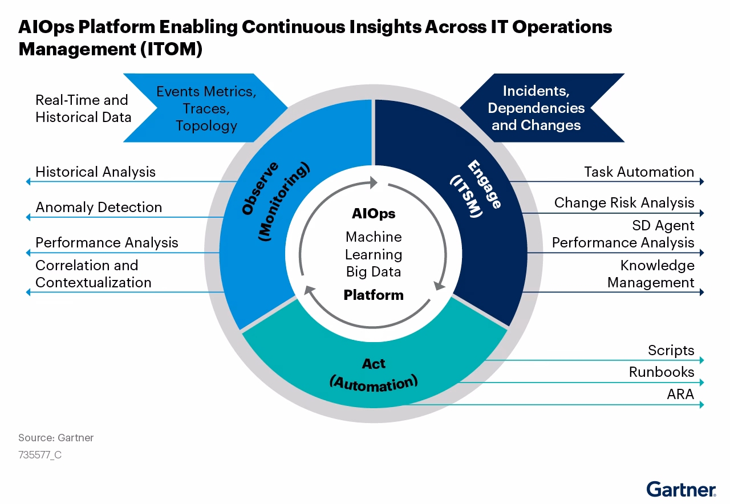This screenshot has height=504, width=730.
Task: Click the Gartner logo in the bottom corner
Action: pyautogui.click(x=681, y=489)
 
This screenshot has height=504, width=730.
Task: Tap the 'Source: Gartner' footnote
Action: pyautogui.click(x=56, y=438)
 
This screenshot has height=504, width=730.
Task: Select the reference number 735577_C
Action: pyautogui.click(x=40, y=455)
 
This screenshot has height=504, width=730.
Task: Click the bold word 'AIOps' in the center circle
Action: pyautogui.click(x=374, y=214)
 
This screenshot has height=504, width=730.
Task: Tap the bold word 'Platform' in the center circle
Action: pyautogui.click(x=374, y=295)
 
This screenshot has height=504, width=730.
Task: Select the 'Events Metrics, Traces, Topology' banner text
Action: pyautogui.click(x=206, y=108)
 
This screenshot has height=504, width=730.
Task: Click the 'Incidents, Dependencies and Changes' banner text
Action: pyautogui.click(x=536, y=108)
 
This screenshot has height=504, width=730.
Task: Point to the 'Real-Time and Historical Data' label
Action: pyautogui.click(x=83, y=108)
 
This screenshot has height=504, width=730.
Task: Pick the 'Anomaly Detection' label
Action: pyautogui.click(x=99, y=207)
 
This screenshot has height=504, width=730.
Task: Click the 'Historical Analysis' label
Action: pyautogui.click(x=95, y=172)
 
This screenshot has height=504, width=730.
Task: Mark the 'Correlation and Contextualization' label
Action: pyautogui.click(x=94, y=274)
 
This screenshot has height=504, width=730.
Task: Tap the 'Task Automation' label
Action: pyautogui.click(x=639, y=172)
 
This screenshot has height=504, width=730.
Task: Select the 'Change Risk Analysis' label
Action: pyautogui.click(x=624, y=202)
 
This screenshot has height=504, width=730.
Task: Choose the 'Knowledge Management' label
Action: pyautogui.click(x=651, y=274)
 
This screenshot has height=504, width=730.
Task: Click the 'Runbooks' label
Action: pyautogui.click(x=662, y=372)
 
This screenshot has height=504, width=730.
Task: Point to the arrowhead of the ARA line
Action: pyautogui.click(x=702, y=405)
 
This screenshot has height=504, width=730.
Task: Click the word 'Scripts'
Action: pyautogui.click(x=671, y=350)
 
